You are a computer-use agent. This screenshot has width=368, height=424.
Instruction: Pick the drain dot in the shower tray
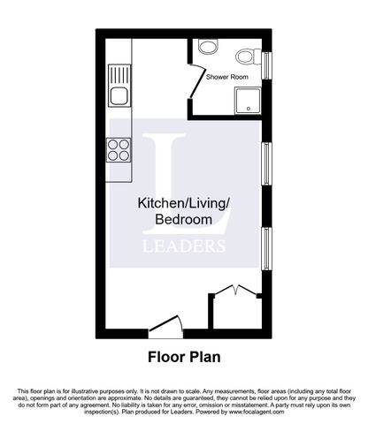tap(249, 110)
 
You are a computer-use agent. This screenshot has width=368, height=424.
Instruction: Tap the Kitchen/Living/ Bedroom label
tap(183, 210)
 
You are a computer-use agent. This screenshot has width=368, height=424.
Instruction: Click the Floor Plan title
tap(183, 359)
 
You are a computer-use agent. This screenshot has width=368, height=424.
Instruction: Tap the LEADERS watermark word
tap(183, 245)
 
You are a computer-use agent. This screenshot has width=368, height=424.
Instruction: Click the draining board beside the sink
tap(119, 73)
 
